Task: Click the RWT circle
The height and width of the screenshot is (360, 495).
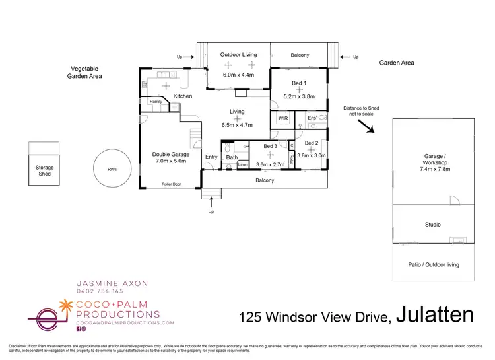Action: (x=110, y=169)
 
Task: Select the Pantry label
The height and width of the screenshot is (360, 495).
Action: (x=156, y=102)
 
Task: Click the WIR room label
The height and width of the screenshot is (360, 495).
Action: (x=284, y=118)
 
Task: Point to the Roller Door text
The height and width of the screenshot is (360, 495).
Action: (x=172, y=184)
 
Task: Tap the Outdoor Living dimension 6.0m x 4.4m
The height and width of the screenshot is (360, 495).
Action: (x=238, y=75)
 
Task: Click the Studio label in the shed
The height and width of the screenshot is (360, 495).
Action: (x=432, y=225)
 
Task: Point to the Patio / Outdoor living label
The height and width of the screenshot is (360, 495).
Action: (x=433, y=265)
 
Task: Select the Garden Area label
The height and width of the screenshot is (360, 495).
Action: (x=397, y=62)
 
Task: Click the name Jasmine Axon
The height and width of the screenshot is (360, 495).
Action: (x=111, y=283)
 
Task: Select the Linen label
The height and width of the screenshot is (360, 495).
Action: (x=243, y=164)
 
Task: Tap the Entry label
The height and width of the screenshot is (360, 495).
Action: (x=211, y=157)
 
